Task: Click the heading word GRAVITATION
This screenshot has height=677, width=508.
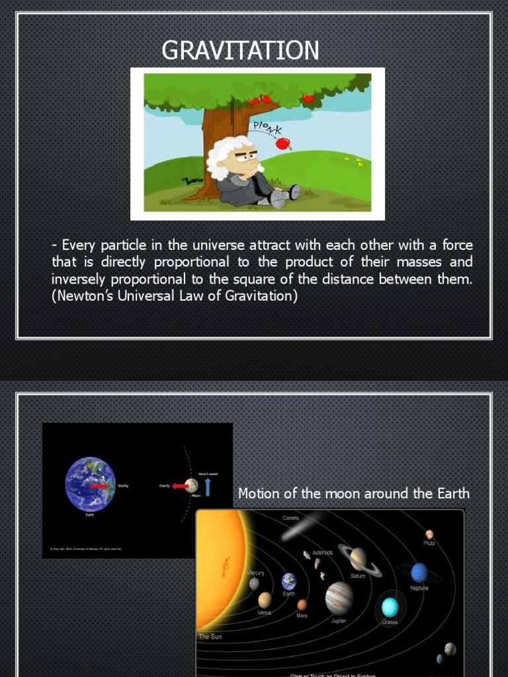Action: (x=240, y=50)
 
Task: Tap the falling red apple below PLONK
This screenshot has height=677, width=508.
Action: (x=282, y=143)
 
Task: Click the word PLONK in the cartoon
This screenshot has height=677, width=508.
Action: (x=267, y=125)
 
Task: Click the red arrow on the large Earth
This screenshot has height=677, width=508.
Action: (x=100, y=486)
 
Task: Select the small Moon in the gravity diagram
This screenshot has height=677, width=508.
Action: (x=192, y=486)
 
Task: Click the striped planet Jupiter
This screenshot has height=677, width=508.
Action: (x=339, y=598)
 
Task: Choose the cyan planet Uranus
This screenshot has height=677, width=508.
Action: (x=390, y=606)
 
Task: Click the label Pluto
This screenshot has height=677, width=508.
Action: (x=429, y=543)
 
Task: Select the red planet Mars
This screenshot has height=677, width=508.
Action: (x=302, y=605)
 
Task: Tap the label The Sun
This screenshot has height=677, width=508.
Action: (x=210, y=637)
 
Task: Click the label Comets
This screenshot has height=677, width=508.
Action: (x=291, y=518)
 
